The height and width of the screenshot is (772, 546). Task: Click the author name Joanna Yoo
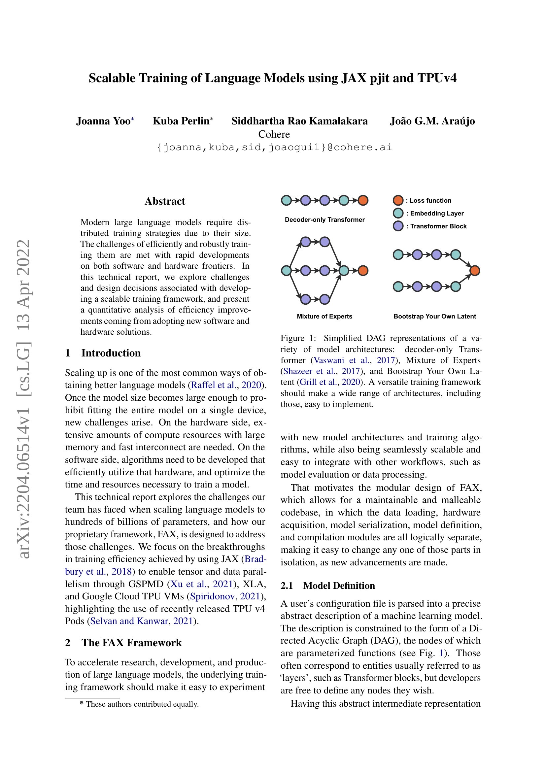tap(103, 121)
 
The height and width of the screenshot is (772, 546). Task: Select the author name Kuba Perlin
tap(181, 121)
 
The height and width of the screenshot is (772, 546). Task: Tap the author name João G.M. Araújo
tap(432, 121)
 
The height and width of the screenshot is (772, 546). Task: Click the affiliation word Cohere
tap(274, 134)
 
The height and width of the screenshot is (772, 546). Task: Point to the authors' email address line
tap(274, 147)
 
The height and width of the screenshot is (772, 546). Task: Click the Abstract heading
tap(165, 201)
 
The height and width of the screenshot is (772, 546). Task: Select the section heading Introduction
tap(111, 353)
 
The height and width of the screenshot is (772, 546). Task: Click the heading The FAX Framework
tap(131, 643)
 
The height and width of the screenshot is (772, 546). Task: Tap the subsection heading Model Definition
tap(339, 586)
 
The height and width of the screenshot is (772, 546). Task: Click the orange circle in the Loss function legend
tap(398, 200)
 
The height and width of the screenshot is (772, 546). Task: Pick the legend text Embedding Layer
tap(436, 213)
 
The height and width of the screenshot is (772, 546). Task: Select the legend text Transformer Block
tap(438, 226)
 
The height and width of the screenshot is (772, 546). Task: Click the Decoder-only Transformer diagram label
tap(324, 219)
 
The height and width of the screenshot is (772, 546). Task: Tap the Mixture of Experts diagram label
tap(324, 317)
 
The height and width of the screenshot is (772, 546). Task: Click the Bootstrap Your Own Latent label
tap(434, 317)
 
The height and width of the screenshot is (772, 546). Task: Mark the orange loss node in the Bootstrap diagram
tap(474, 270)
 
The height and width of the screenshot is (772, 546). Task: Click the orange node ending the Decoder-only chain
tap(363, 200)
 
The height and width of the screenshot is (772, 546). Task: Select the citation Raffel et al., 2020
tap(226, 385)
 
